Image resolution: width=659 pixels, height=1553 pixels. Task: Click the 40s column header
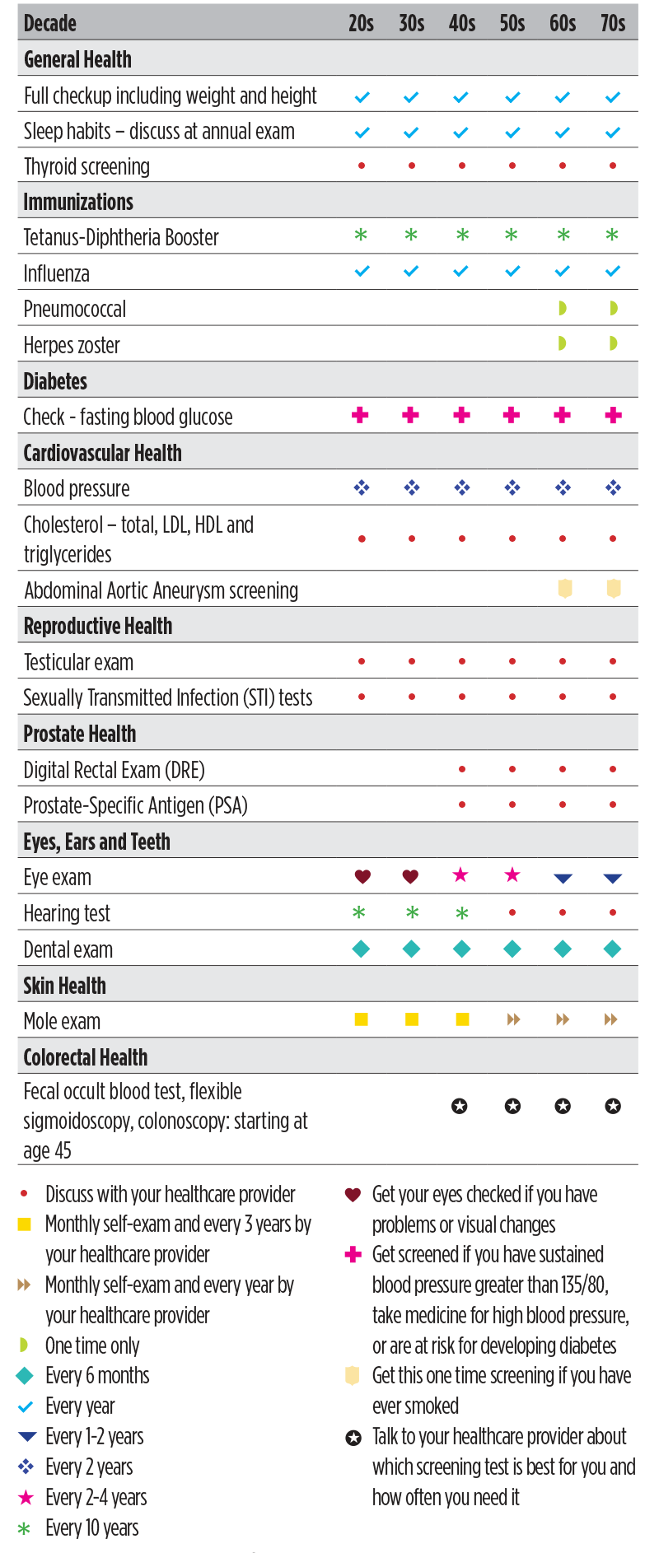[x=462, y=23]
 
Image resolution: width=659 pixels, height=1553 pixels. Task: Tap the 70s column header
[x=613, y=23]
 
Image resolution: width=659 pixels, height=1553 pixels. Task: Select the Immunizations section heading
[x=78, y=202]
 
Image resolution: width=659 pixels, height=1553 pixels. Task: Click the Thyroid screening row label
[x=86, y=166]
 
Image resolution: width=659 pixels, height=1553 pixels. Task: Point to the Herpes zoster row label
[x=72, y=345]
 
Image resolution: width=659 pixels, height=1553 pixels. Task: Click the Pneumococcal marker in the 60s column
[x=563, y=309]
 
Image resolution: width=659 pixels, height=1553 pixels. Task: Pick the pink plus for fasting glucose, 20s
[x=360, y=415]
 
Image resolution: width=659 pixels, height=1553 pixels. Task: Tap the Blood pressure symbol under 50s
[x=512, y=487]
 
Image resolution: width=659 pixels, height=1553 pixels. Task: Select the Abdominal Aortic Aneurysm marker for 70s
[x=614, y=589]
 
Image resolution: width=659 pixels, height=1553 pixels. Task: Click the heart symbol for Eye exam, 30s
[x=410, y=876]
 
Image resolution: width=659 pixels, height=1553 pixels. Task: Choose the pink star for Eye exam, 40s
[x=461, y=874]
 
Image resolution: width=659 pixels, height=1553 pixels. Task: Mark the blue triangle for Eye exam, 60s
[x=563, y=878]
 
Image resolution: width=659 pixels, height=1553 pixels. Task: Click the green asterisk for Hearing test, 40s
[x=462, y=912]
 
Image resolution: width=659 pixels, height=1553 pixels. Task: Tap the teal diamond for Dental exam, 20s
[x=361, y=949]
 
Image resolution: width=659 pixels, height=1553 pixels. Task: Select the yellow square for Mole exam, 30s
[x=412, y=1019]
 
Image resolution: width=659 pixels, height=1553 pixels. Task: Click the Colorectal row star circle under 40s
[x=460, y=1106]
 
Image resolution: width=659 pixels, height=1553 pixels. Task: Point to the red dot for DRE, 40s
[x=462, y=769]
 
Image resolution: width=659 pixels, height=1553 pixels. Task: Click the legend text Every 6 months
[x=97, y=1376]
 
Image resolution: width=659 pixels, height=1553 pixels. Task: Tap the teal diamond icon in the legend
[x=25, y=1375]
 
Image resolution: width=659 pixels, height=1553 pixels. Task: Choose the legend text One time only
[x=92, y=1345]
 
